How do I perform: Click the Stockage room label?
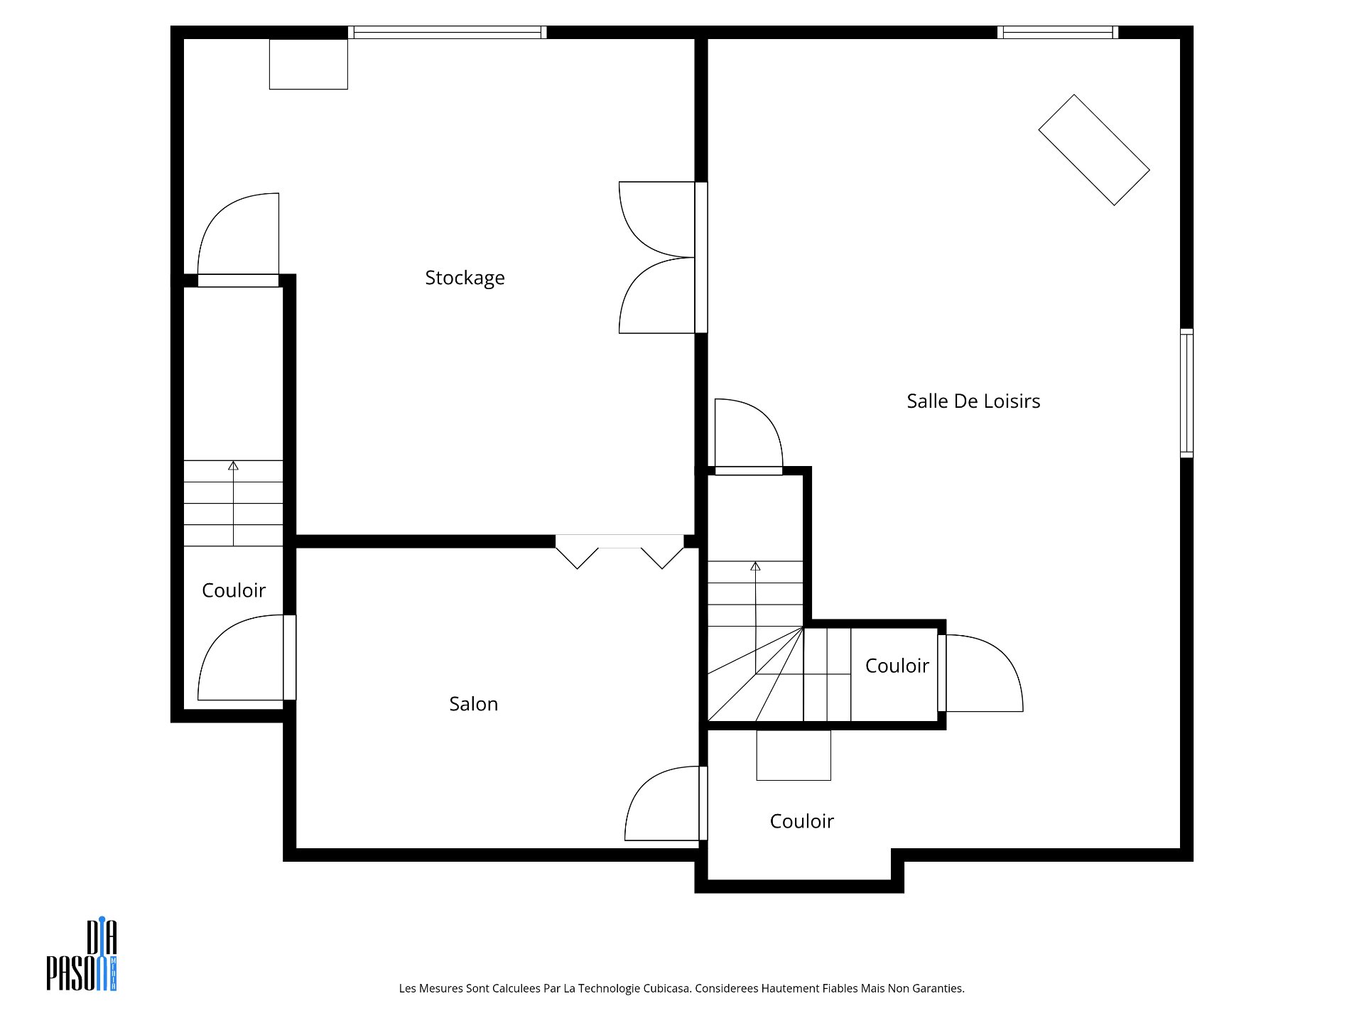[x=465, y=278]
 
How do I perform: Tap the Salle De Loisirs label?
[x=973, y=401]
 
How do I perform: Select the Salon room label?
[x=474, y=704]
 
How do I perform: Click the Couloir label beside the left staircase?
[x=234, y=590]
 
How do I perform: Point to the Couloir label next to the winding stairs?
[x=897, y=666]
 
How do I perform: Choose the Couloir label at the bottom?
[x=802, y=821]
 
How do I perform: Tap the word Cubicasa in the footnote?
[x=667, y=988]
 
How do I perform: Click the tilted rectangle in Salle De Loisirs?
[x=1094, y=150]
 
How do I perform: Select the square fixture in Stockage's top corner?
[x=308, y=64]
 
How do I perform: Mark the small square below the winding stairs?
[x=794, y=755]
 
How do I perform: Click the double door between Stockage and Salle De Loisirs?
[x=663, y=257]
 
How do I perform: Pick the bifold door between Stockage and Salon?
[x=619, y=551]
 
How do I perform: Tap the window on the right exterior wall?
[x=1187, y=392]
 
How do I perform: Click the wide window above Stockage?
[x=448, y=32]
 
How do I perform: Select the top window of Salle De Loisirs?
[x=1058, y=32]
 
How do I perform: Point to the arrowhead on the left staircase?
[x=233, y=465]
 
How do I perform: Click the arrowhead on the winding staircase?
[x=755, y=566]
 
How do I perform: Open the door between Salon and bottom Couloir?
[x=666, y=803]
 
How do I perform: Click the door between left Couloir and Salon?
[x=247, y=658]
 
